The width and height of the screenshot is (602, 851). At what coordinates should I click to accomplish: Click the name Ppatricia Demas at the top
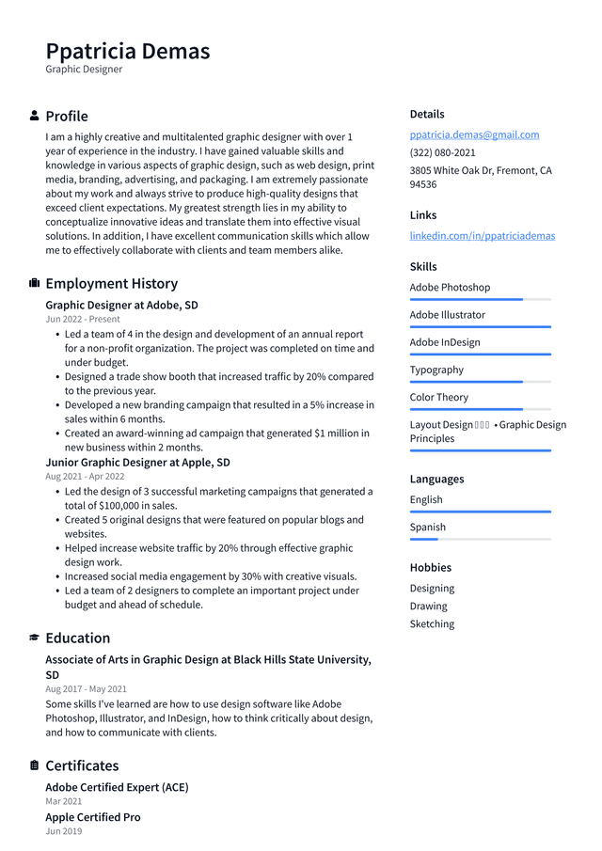click(x=127, y=51)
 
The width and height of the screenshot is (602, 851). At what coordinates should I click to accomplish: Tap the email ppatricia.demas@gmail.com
click(x=474, y=134)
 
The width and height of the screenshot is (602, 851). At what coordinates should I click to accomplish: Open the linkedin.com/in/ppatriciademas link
click(x=482, y=235)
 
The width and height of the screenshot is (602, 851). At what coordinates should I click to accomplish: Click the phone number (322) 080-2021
click(x=442, y=152)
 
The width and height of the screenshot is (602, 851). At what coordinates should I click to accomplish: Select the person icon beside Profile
click(x=35, y=116)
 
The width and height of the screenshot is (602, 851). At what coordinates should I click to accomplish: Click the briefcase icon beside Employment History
click(x=35, y=283)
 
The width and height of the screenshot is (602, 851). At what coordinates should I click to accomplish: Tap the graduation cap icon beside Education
click(x=35, y=638)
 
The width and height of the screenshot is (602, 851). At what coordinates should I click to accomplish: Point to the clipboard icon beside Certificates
click(x=35, y=765)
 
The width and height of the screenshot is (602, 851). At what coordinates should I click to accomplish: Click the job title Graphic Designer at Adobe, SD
click(x=121, y=305)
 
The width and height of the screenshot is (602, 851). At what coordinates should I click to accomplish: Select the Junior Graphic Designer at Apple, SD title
click(x=137, y=462)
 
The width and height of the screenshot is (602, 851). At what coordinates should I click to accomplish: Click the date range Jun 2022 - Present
click(x=83, y=320)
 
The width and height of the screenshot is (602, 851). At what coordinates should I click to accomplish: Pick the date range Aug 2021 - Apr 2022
click(x=85, y=477)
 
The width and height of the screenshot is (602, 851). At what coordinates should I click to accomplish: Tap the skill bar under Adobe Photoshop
click(x=480, y=299)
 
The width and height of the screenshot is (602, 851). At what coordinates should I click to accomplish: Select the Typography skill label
click(x=436, y=370)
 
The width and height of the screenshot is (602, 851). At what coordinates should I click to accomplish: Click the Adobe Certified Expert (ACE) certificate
click(x=117, y=787)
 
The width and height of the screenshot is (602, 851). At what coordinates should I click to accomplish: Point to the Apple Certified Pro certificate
click(x=93, y=817)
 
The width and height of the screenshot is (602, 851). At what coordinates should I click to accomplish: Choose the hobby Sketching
click(x=432, y=623)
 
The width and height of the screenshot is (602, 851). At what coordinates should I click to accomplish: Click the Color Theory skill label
click(x=438, y=397)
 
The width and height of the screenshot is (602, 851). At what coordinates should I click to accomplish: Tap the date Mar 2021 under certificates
click(x=63, y=801)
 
